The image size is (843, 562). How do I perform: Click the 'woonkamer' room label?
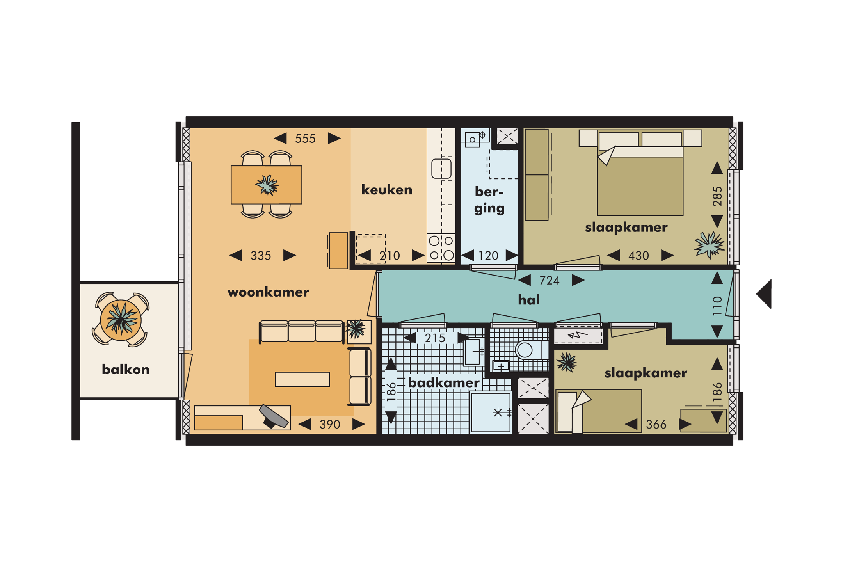(268, 292)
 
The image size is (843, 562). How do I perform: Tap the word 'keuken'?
(387, 190)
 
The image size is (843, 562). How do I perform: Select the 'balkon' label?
(126, 369)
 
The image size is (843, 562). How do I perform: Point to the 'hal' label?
(529, 300)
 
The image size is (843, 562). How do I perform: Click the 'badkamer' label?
(444, 382)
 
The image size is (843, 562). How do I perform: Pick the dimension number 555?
(305, 139)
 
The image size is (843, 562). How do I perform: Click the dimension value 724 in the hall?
(550, 280)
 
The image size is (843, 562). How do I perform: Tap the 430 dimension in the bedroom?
(638, 256)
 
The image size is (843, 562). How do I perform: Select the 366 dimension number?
(656, 424)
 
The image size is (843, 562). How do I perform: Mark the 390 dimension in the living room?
(330, 424)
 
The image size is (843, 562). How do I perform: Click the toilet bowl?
(525, 350)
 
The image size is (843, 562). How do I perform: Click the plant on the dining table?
(267, 185)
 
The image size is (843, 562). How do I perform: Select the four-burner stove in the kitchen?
(441, 248)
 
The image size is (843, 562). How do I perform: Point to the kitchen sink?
(441, 169)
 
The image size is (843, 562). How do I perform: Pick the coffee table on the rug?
(302, 379)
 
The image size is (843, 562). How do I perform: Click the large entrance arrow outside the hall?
(764, 294)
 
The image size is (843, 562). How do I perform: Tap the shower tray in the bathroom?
(491, 413)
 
